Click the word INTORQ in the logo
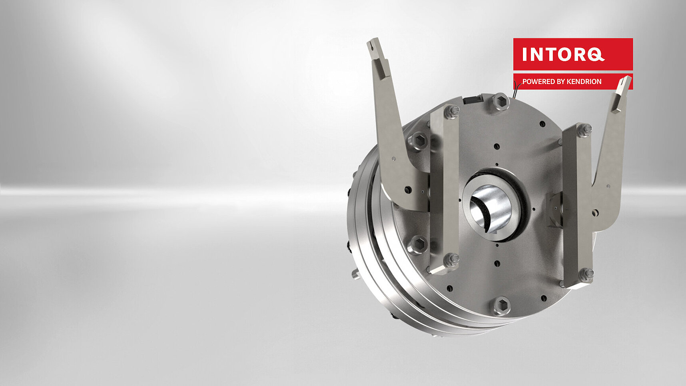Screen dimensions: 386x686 click(x=562, y=54)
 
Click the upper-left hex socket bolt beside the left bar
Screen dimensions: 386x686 click(x=418, y=141)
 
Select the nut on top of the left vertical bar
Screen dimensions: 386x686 click(x=451, y=111)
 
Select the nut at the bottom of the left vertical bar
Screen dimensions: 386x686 click(x=452, y=260)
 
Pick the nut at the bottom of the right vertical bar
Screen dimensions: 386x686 click(x=586, y=274)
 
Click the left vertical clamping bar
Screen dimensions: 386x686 click(x=444, y=188)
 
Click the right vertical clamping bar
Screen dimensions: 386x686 click(x=576, y=204)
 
